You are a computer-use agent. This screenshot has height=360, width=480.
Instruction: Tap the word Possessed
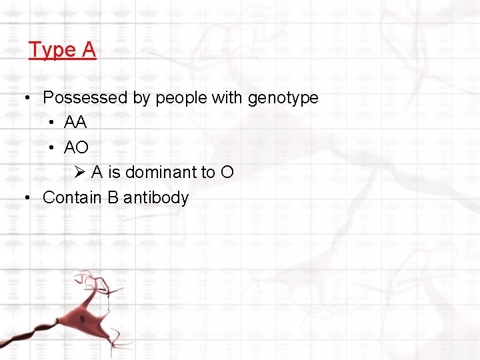click(85, 98)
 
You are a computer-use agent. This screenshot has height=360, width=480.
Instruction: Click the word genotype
click(283, 99)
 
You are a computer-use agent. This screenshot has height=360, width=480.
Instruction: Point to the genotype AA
click(75, 123)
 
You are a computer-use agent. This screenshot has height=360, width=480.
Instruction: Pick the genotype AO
click(76, 147)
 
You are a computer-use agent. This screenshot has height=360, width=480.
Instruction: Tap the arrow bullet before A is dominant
click(79, 173)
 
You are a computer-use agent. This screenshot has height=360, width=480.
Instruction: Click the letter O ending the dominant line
click(227, 173)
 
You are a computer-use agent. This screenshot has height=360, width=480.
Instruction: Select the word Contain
click(70, 197)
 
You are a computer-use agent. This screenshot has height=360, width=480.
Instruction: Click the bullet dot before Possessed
click(26, 99)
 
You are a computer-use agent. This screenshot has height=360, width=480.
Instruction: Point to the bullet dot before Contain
click(26, 198)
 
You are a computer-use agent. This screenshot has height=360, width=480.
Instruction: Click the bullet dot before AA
click(52, 123)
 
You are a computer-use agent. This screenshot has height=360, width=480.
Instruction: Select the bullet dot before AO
click(52, 148)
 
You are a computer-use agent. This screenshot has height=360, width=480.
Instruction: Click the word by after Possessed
click(141, 99)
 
